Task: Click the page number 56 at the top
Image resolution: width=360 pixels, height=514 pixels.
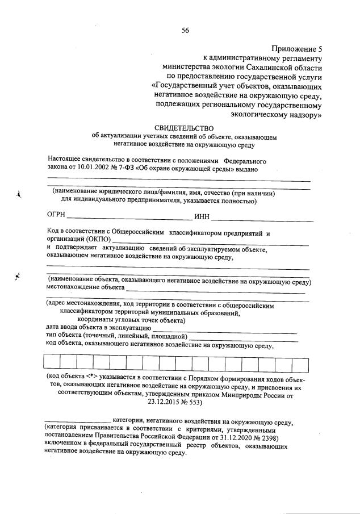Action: tap(185, 31)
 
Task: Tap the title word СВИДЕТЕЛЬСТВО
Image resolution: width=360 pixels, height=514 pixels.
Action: tap(183, 128)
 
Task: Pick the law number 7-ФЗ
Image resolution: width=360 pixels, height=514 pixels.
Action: tap(133, 169)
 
